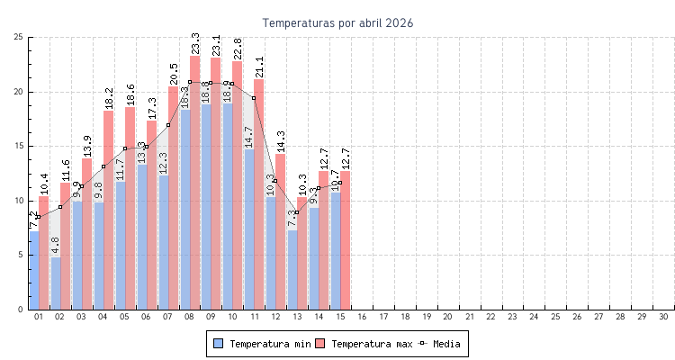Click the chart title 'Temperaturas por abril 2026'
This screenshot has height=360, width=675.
pyautogui.click(x=337, y=23)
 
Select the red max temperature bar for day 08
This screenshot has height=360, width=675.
pyautogui.click(x=195, y=180)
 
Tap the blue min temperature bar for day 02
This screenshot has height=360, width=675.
pyautogui.click(x=56, y=283)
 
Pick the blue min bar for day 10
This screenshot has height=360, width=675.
pyautogui.click(x=227, y=207)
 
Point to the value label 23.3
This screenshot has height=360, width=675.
pyautogui.click(x=195, y=42)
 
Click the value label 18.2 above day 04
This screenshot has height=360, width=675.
pyautogui.click(x=109, y=97)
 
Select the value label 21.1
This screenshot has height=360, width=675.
pyautogui.click(x=259, y=66)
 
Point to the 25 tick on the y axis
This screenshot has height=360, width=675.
pyautogui.click(x=18, y=37)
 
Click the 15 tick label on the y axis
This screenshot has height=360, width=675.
pyautogui.click(x=18, y=146)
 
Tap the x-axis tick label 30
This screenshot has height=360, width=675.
pyautogui.click(x=663, y=317)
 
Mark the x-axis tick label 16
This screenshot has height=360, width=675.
pyautogui.click(x=362, y=317)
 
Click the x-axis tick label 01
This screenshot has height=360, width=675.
pyautogui.click(x=39, y=317)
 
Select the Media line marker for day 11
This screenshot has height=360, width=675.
pyautogui.click(x=254, y=97)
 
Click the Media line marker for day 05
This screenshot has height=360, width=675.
pyautogui.click(x=125, y=148)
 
